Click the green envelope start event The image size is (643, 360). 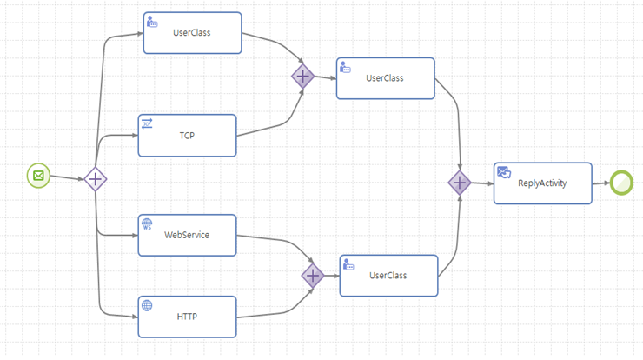tap(38, 176)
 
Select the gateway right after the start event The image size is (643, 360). tap(96, 180)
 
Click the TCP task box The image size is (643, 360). tap(187, 136)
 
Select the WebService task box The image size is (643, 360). tap(187, 235)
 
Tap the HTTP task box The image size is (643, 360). tap(187, 317)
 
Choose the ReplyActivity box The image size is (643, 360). tap(542, 183)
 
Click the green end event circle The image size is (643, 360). tap(620, 182)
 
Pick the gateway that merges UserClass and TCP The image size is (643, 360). tap(302, 77)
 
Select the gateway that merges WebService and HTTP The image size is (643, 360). tap(313, 276)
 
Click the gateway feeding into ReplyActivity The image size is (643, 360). tap(459, 183)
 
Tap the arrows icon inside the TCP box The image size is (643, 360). tap(147, 124)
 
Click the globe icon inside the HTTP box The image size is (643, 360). tap(147, 305)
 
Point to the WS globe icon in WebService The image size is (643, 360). tap(147, 223)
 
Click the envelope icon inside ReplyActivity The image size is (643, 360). tap(503, 172)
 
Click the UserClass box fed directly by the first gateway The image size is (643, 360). tap(192, 33)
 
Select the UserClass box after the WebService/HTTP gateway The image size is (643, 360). tap(388, 276)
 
